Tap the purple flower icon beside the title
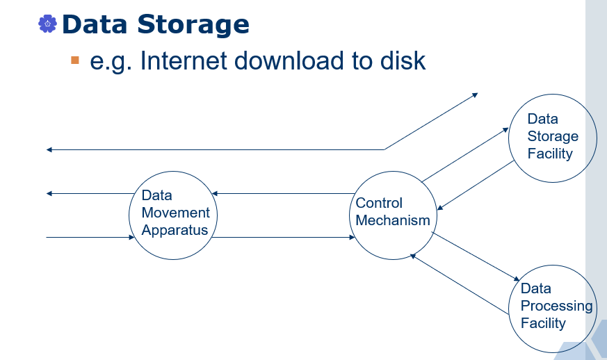point(47,24)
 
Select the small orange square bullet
point(75,60)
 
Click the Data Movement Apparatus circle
point(170,215)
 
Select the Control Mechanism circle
point(394,213)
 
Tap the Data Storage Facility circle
point(552,137)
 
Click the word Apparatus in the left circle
point(175,231)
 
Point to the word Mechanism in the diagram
point(393,221)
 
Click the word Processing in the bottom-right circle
point(556,306)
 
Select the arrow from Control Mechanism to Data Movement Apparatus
point(282,193)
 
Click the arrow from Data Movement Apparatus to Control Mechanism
point(282,238)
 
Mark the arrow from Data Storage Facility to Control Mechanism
point(476,186)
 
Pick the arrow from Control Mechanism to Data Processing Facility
point(476,256)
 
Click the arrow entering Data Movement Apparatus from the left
point(90,238)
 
